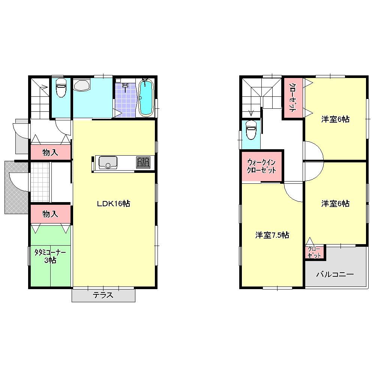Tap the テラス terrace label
(103, 295)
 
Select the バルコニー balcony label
(335, 274)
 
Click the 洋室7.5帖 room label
(272, 235)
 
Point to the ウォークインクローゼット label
(262, 166)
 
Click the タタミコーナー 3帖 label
(50, 256)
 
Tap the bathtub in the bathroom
(145, 97)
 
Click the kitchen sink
(108, 163)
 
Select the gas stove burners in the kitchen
(143, 163)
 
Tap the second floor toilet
(250, 130)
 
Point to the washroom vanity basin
(82, 85)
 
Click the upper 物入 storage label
(50, 153)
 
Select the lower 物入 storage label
(50, 214)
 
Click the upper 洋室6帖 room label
(335, 119)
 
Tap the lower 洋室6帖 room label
(335, 204)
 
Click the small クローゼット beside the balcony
(314, 252)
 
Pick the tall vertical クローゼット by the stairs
(292, 98)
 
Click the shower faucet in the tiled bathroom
(125, 86)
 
